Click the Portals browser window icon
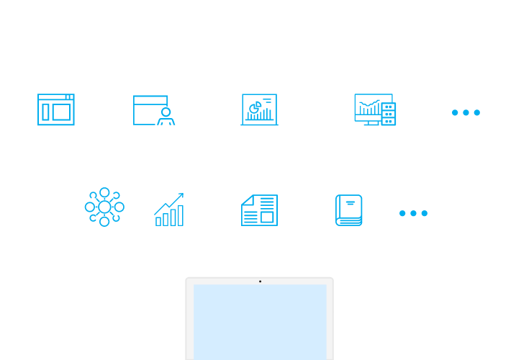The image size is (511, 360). pos(55,110)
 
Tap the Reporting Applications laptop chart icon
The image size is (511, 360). pos(258,110)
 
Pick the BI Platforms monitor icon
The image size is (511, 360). pos(374,110)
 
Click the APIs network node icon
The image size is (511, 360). pos(104,209)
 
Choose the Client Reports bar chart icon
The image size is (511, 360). pos(169,210)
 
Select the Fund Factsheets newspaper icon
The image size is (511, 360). pos(258,210)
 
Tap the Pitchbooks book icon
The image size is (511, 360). pos(348,210)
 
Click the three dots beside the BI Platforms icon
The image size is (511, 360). pos(466,113)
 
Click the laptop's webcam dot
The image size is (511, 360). pos(260,281)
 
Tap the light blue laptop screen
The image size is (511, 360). pos(260,320)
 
